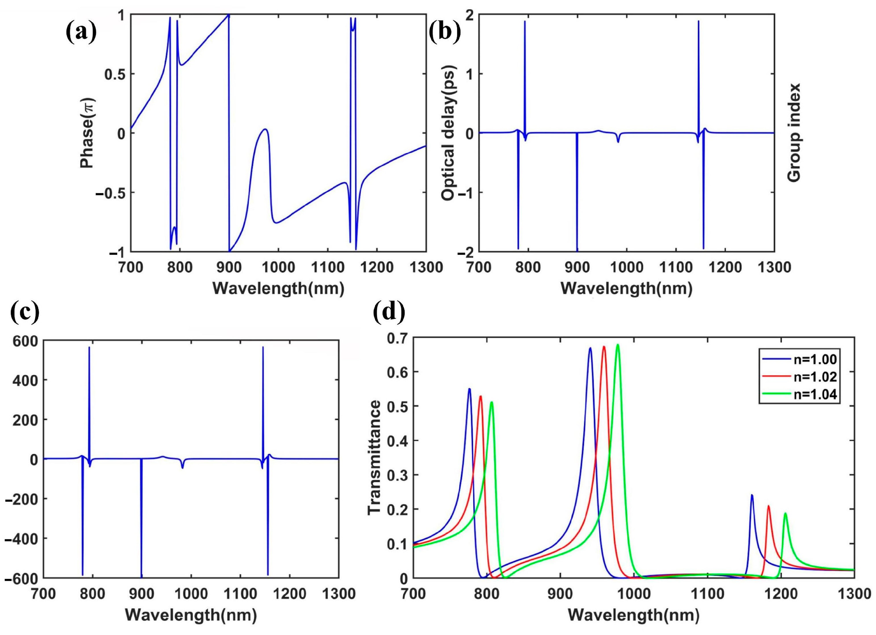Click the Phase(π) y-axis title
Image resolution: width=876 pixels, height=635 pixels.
tap(87, 133)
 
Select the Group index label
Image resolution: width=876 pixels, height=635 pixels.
tap(794, 133)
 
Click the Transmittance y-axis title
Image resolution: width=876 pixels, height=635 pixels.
tap(374, 457)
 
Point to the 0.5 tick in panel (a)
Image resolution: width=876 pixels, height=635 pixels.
tap(115, 74)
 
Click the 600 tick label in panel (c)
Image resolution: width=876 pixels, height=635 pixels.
tap(25, 341)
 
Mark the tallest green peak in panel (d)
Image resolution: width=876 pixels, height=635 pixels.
tap(618, 345)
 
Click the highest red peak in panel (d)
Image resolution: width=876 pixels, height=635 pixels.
tap(604, 347)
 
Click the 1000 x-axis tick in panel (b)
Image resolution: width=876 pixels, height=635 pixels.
tap(626, 267)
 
